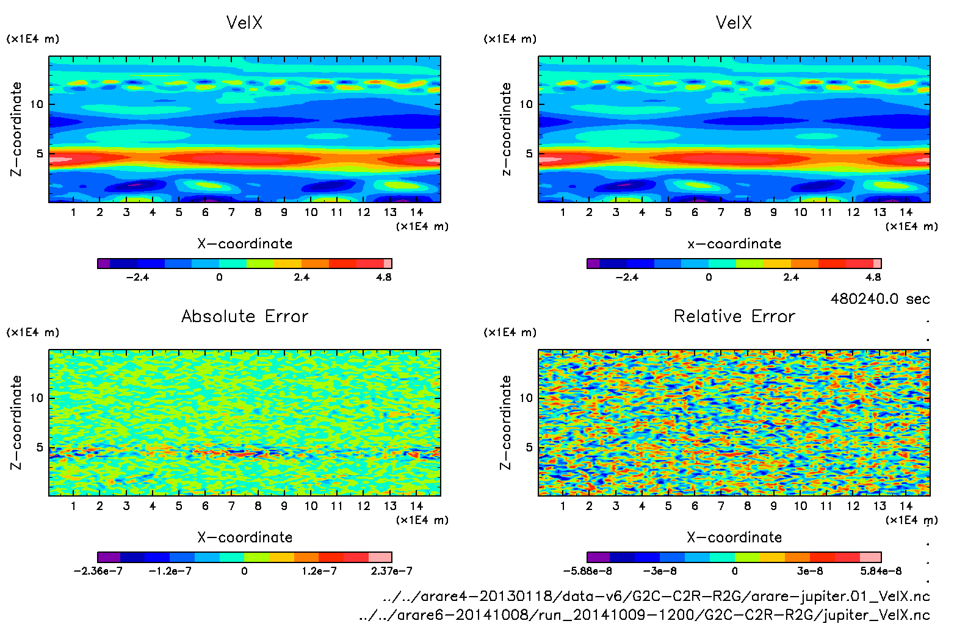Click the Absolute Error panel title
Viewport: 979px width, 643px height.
pos(245,316)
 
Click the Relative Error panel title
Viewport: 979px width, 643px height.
pos(734,316)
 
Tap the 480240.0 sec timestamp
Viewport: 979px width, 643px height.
pos(880,299)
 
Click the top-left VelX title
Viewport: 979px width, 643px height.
pos(244,23)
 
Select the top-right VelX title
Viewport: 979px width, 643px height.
pos(734,23)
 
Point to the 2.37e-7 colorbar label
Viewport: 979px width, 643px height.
pos(391,571)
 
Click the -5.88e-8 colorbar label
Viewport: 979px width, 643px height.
pos(587,571)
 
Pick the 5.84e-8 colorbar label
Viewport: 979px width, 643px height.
pos(881,571)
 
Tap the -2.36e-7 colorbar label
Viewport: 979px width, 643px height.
pos(98,571)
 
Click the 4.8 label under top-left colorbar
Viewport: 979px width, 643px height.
pos(383,277)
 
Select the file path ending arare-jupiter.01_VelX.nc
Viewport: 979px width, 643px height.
pos(656,596)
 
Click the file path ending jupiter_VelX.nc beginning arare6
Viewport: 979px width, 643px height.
pos(644,615)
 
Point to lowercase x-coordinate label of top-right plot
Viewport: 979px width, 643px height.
pos(734,244)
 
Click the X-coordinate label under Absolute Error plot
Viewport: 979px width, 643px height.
pos(245,537)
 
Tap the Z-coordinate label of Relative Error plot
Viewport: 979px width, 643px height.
pos(505,422)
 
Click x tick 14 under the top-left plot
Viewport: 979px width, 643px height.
pos(416,212)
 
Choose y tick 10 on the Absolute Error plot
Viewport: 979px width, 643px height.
pos(37,398)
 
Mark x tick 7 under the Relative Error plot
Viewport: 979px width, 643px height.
pos(721,506)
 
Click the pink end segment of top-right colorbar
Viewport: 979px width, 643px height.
pos(877,264)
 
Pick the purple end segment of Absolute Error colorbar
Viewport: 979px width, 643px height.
pos(109,557)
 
